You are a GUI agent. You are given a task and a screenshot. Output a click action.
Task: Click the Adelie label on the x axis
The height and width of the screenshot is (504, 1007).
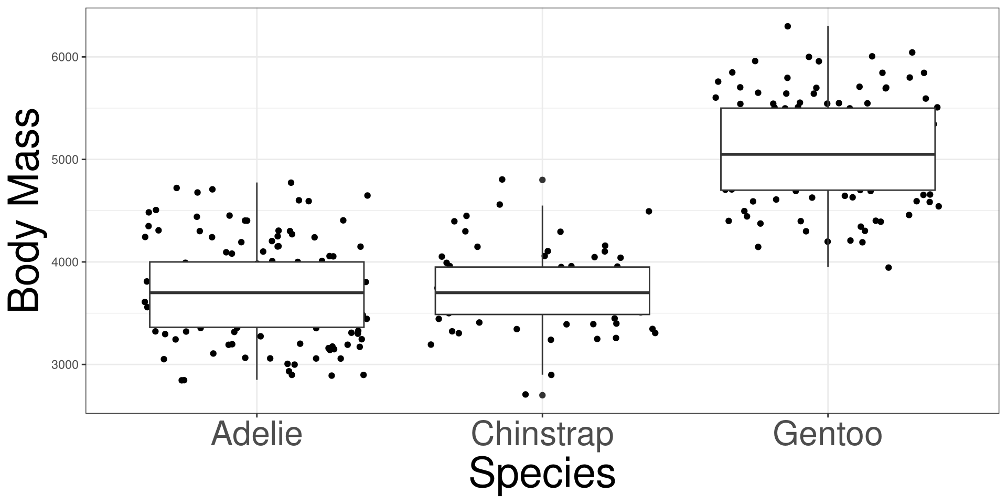pos(256,434)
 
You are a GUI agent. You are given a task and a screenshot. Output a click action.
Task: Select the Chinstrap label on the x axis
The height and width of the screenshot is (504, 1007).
pos(542,434)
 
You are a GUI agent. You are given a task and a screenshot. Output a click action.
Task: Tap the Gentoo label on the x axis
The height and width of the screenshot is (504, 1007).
pos(828,434)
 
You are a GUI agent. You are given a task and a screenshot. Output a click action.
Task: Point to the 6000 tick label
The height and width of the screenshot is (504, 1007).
pos(65,57)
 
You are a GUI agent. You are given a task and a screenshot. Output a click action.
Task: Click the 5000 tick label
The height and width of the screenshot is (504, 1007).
pos(65,160)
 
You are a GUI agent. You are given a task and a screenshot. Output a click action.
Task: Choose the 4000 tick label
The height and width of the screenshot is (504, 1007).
pos(65,262)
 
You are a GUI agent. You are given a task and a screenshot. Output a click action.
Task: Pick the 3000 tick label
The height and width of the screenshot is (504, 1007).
pos(65,364)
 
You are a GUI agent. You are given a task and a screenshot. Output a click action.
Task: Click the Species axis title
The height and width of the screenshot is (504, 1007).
pos(542,474)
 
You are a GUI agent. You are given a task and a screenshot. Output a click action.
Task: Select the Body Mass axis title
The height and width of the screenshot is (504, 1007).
pos(24,211)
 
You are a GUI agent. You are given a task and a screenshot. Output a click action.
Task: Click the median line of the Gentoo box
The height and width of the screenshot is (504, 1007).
pos(828,154)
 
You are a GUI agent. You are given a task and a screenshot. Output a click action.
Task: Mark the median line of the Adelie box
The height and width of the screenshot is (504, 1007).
pos(256,292)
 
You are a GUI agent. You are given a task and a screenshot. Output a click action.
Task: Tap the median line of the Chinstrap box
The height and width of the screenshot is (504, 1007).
pos(542,292)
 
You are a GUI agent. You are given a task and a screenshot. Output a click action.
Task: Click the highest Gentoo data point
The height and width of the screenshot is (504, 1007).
pos(787,26)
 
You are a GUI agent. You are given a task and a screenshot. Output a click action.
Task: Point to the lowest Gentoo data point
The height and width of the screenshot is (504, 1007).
pos(888,267)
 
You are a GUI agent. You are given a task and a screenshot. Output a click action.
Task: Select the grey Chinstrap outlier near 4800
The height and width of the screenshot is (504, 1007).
pos(542,180)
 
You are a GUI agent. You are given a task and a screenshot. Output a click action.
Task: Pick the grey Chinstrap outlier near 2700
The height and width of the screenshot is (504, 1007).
pos(542,395)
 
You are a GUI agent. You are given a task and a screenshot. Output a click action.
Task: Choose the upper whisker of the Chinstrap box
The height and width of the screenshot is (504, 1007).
pos(542,236)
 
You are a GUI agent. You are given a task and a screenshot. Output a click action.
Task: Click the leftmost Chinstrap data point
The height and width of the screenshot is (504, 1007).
pos(431,344)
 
